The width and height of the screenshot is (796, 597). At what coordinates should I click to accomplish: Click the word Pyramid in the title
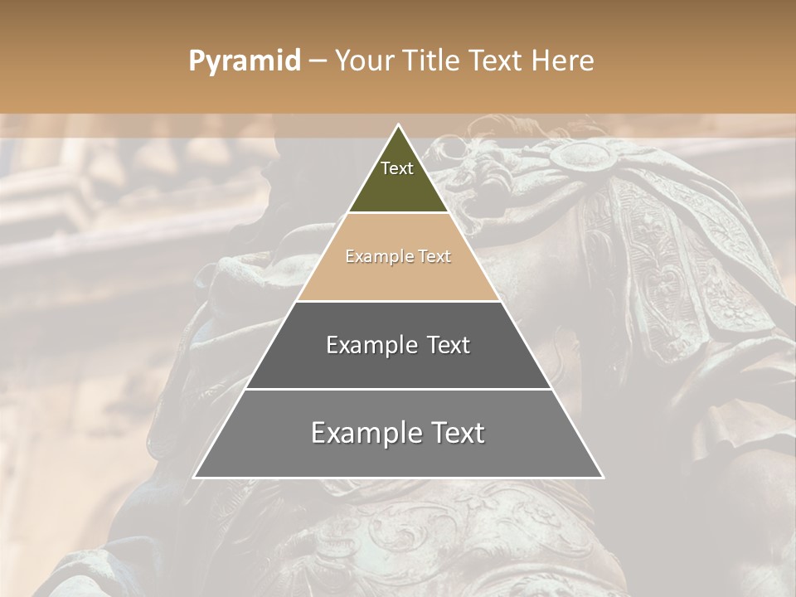(244, 61)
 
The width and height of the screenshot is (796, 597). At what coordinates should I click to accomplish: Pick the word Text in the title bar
(500, 61)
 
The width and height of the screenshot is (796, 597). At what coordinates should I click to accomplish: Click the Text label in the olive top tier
(397, 168)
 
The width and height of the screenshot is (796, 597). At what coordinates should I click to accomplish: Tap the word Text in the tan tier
(434, 256)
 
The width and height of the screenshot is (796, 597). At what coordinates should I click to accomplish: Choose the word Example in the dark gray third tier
(371, 345)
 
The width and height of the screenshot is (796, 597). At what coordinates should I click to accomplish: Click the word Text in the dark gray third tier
(448, 345)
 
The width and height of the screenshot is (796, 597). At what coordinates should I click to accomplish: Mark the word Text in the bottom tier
(456, 433)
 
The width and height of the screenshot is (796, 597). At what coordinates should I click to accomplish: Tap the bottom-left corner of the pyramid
(195, 477)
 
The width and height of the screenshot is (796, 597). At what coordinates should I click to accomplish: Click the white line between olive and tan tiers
(398, 213)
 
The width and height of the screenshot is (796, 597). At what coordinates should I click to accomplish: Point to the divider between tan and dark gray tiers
(398, 301)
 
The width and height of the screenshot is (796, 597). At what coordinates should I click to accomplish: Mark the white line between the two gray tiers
(398, 389)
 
